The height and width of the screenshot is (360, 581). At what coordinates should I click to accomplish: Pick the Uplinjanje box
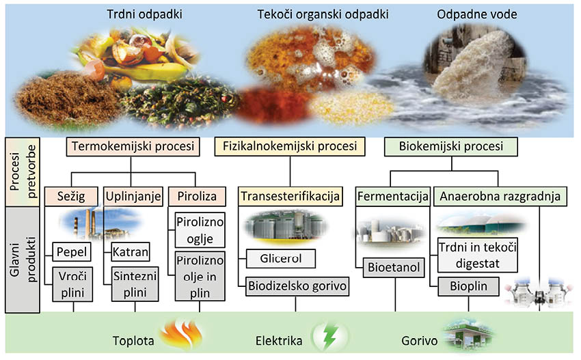point(133,197)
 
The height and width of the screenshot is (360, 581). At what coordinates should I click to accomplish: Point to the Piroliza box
point(196,197)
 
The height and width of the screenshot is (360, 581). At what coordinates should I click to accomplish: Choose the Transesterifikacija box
point(290,197)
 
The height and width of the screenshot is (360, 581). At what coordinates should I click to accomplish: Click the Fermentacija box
point(392,197)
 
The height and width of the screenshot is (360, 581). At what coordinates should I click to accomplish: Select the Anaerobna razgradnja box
point(500,197)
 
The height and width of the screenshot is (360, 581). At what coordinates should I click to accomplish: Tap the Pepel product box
point(72,252)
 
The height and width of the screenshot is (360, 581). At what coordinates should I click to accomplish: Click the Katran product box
point(131,252)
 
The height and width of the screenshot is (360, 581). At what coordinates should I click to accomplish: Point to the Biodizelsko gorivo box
point(297,286)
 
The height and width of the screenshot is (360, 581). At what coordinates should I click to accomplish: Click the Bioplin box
point(468,286)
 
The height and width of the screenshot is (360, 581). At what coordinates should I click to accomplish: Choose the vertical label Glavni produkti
point(20,260)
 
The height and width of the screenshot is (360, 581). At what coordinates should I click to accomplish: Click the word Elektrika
point(278,340)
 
